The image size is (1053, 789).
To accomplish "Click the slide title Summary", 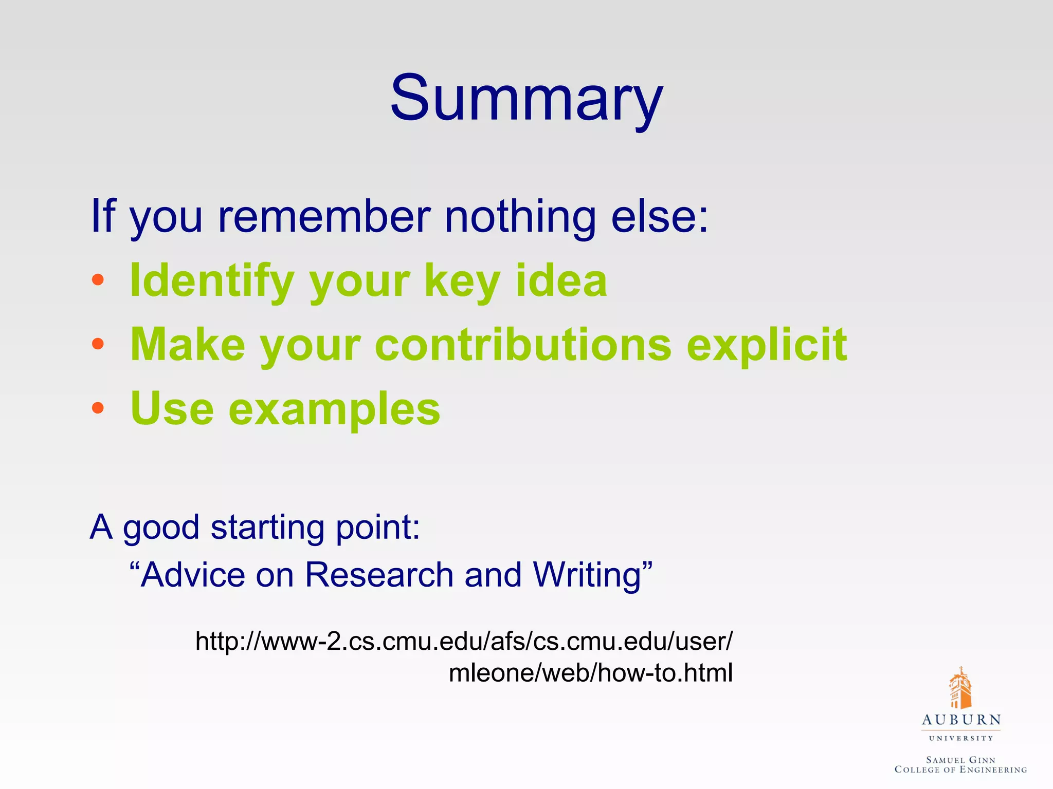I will [x=526, y=99].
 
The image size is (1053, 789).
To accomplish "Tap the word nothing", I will [x=519, y=217].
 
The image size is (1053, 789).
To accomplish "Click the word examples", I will [x=334, y=409].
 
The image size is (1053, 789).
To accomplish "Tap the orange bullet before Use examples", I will [x=98, y=408].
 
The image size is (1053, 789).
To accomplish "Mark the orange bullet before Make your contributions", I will [x=98, y=344].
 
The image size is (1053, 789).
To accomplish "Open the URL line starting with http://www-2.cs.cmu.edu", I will [x=464, y=641].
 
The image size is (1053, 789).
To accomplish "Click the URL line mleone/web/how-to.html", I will [x=590, y=673].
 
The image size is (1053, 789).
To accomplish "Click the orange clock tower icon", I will [x=960, y=688].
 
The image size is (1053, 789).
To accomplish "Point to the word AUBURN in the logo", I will [x=961, y=720].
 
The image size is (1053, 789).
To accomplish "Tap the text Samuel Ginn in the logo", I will [x=960, y=760].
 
